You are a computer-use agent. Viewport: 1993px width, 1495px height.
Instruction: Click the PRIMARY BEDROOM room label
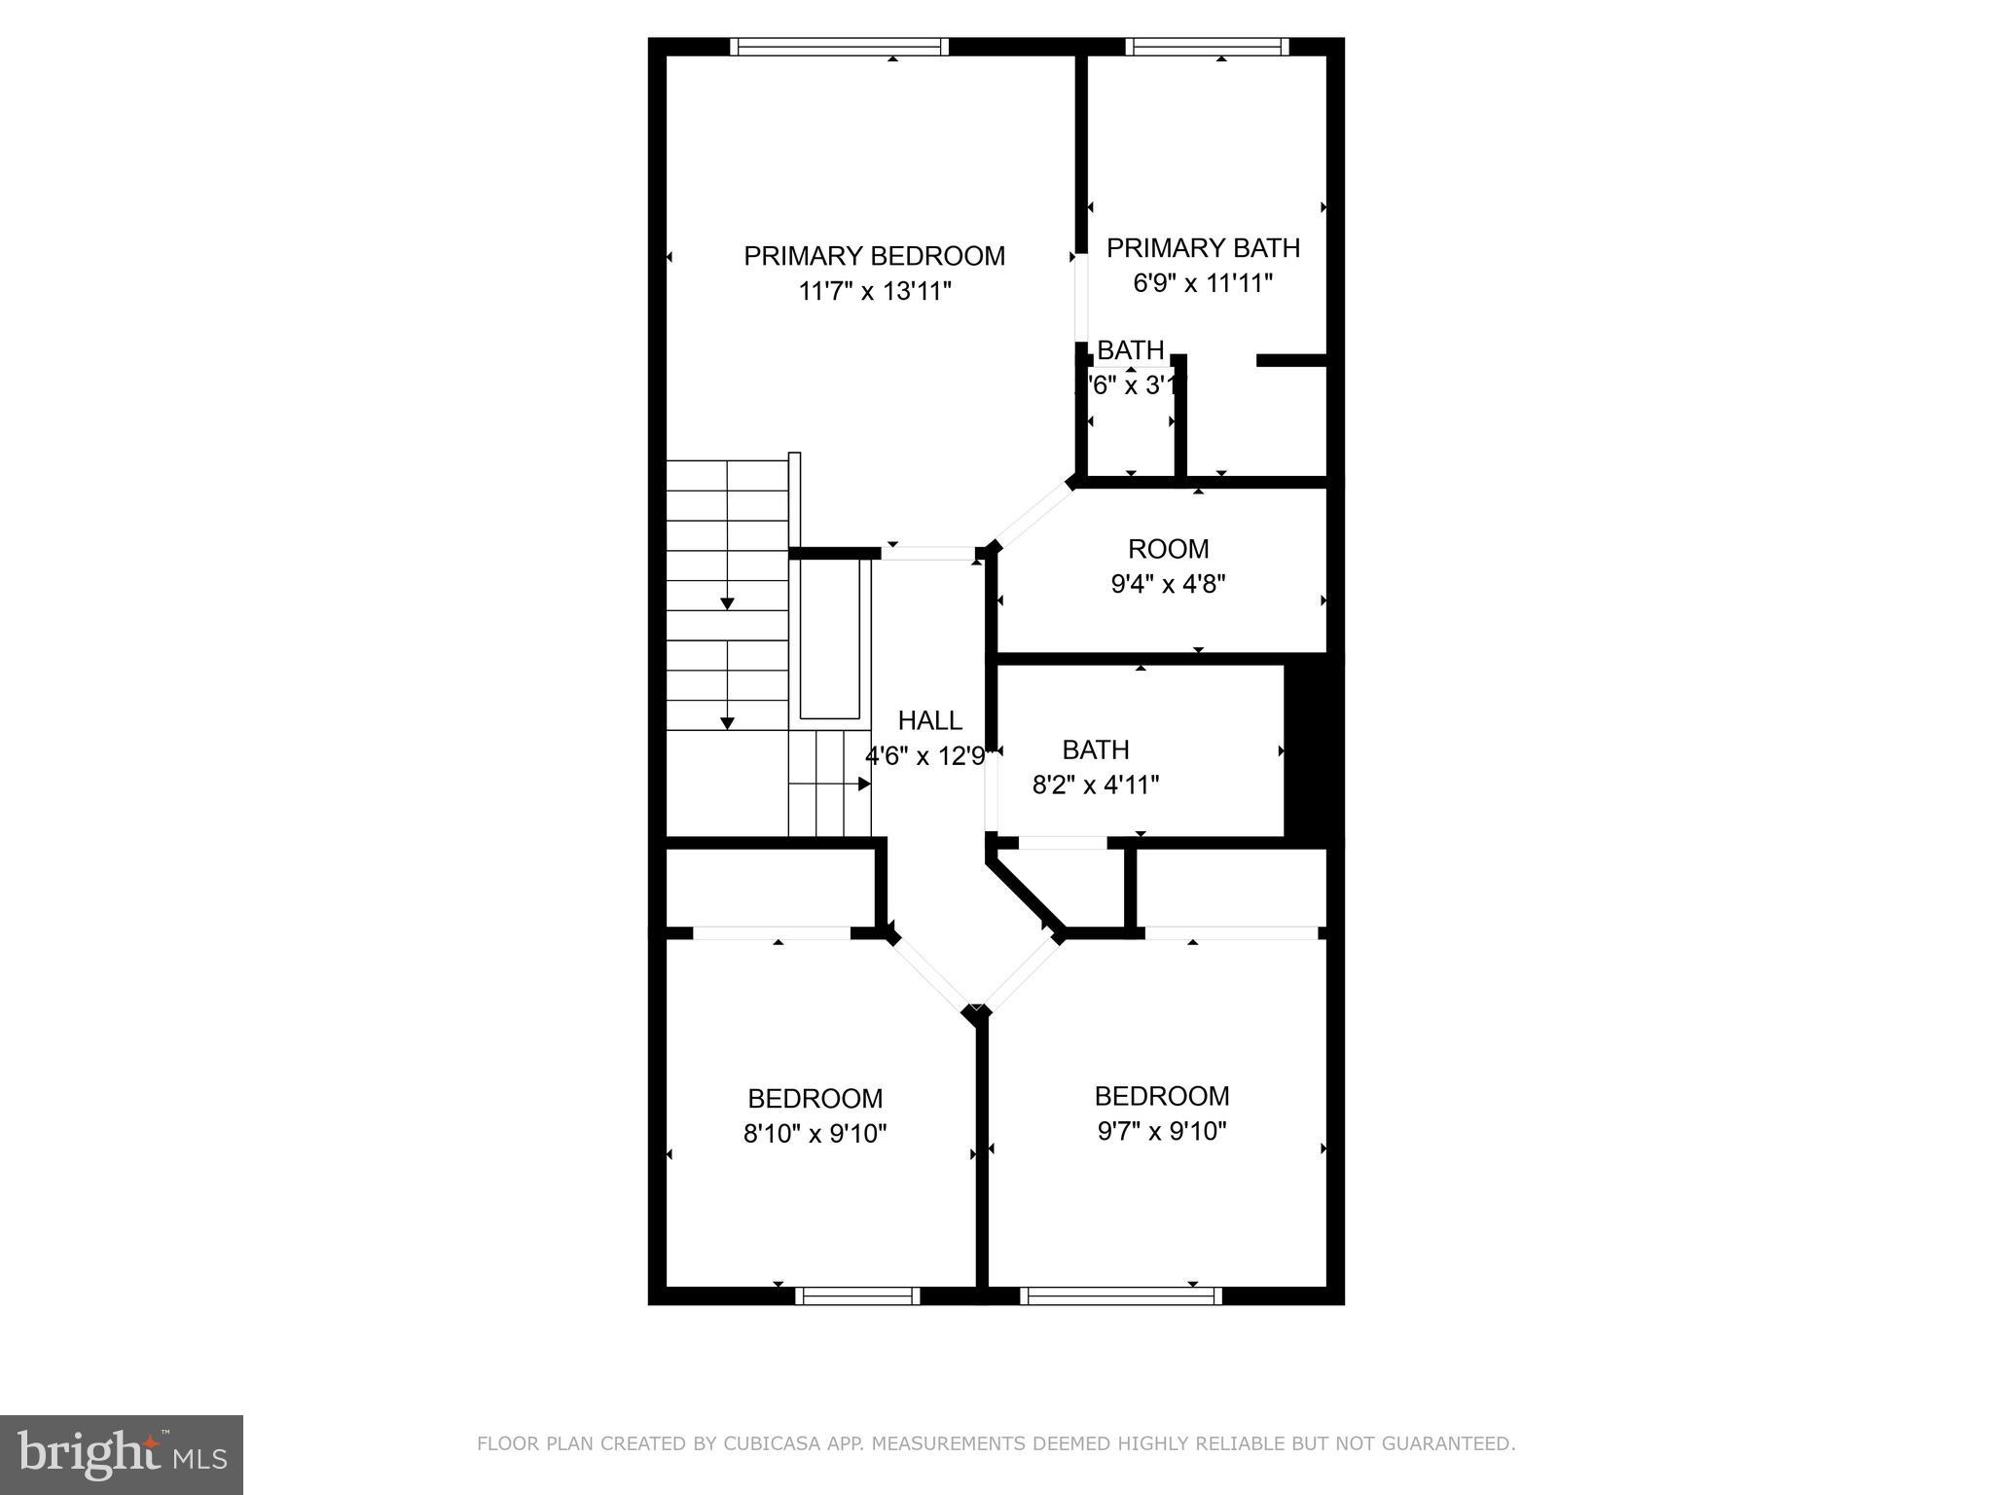coord(874,256)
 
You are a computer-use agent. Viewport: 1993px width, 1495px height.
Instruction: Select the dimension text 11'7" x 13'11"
coord(874,291)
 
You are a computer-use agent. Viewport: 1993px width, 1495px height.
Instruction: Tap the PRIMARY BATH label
coord(1203,248)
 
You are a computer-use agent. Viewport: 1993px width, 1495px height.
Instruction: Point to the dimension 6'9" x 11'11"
coord(1203,283)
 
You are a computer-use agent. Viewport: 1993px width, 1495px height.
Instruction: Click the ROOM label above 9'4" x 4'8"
coord(1168,549)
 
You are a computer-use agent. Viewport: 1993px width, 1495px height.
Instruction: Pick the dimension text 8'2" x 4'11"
coord(1096,784)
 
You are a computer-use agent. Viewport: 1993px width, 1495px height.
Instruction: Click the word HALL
coord(929,720)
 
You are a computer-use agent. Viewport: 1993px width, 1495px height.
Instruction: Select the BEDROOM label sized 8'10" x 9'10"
coord(815,1099)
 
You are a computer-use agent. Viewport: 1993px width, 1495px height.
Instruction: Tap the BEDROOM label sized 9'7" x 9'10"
coord(1161,1097)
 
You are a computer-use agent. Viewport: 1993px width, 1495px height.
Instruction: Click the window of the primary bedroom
coord(838,47)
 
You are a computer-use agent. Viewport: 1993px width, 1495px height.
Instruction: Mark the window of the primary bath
coord(1207,47)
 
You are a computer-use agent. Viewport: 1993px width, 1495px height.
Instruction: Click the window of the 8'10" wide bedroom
coord(857,1295)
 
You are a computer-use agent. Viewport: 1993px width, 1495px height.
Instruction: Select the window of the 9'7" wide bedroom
coord(1120,1295)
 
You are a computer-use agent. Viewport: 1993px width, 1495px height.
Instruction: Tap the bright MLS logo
coord(122,1454)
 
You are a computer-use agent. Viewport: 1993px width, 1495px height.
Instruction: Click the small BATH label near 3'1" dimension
coord(1130,350)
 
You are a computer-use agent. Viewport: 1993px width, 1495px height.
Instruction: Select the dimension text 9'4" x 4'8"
coord(1168,584)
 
